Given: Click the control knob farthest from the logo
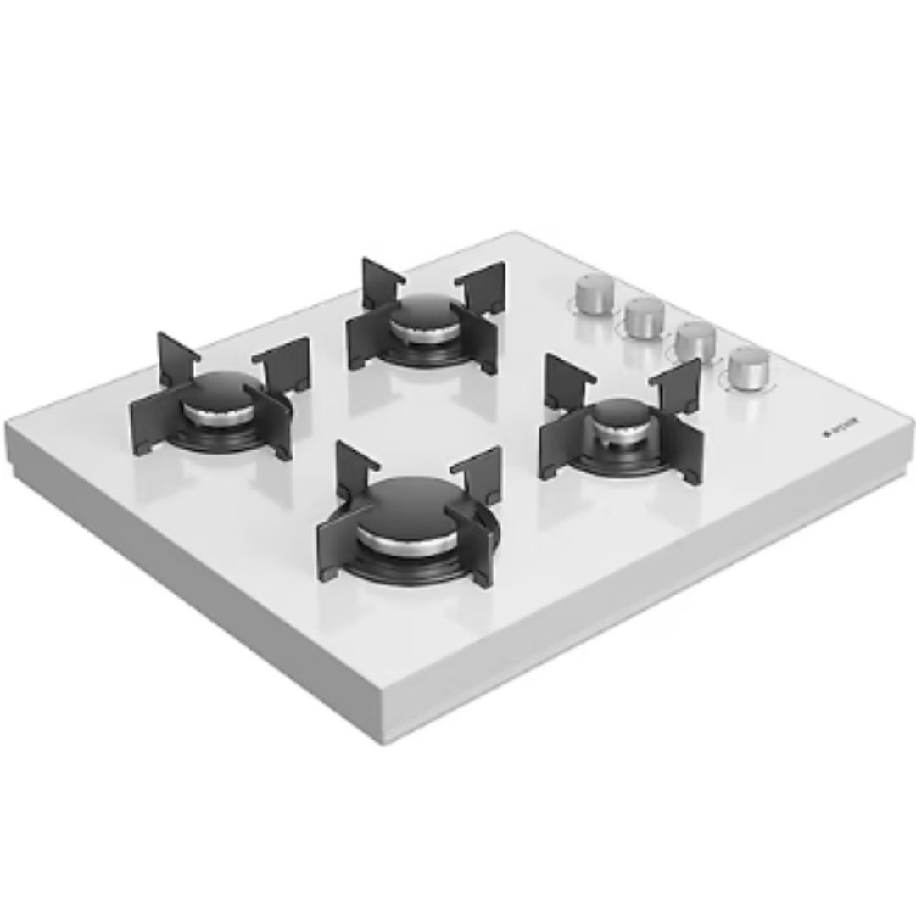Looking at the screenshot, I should point(588,293).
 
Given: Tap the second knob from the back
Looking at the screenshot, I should point(644,316).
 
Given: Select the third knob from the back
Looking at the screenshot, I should point(695,340).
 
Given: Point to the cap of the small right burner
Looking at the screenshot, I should point(619,418).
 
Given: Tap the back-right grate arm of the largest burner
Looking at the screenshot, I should point(477,472).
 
